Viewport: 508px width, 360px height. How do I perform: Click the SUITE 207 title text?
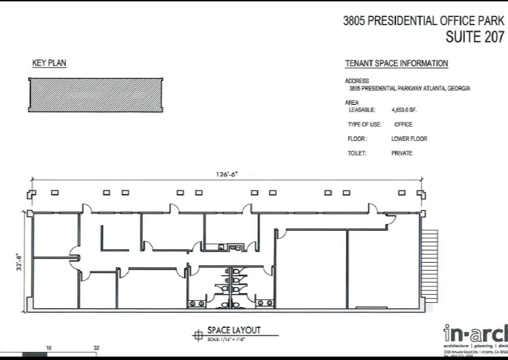point(475,37)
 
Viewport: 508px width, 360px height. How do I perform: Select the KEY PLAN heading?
point(49,63)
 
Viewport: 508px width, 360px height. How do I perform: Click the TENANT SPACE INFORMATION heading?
point(397,64)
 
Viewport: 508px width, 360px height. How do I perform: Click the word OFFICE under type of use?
point(403,125)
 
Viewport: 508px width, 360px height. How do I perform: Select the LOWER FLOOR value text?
point(409,139)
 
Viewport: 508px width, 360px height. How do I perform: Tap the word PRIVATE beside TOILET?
point(402,153)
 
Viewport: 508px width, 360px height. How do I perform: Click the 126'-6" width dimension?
point(227,175)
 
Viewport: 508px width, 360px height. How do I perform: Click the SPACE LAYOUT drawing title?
point(234,330)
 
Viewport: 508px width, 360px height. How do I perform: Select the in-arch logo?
point(475,333)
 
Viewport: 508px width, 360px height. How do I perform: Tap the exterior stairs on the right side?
point(430,265)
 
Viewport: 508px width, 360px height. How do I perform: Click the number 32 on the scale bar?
point(96,348)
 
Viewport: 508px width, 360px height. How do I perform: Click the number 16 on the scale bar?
point(48,348)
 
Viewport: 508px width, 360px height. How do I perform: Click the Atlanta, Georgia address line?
point(409,88)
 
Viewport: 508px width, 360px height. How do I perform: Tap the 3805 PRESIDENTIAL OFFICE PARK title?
point(424,20)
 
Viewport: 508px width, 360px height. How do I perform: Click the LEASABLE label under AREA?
point(362,110)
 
